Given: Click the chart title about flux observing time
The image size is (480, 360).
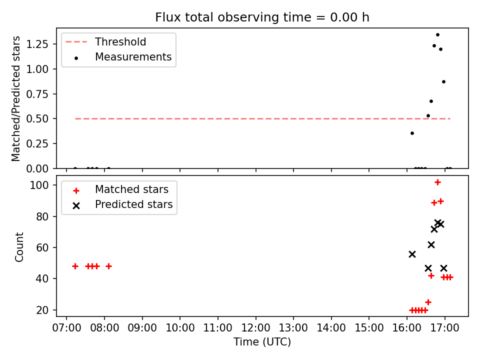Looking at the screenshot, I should (x=262, y=17).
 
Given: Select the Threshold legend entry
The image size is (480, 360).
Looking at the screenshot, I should (x=120, y=41).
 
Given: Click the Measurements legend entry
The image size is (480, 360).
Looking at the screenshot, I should (x=133, y=57).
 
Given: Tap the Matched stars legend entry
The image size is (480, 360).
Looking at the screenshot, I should (x=131, y=189).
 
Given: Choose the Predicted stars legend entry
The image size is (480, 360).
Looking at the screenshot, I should (x=133, y=204).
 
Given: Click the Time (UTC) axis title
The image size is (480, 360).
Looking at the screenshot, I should (x=262, y=342).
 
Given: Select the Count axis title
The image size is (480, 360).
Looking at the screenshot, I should (x=19, y=246).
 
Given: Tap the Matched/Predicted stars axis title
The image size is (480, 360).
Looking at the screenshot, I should (x=16, y=98).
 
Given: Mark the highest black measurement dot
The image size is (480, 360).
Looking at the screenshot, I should (x=437, y=35).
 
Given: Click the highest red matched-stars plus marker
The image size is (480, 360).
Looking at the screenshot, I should (x=437, y=182).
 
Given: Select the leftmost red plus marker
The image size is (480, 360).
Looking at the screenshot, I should (x=75, y=266).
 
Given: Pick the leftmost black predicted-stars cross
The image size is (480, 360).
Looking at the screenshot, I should (x=412, y=254).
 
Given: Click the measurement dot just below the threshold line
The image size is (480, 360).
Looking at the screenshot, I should (x=412, y=133).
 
